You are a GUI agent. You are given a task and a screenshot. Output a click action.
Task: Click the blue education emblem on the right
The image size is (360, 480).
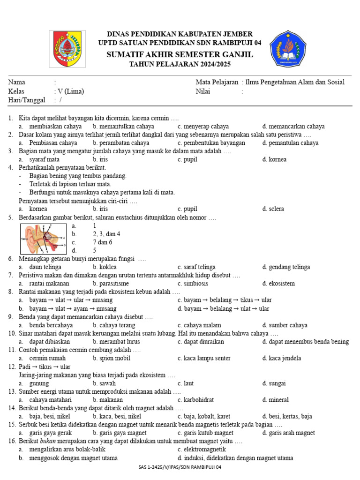click(x=287, y=48)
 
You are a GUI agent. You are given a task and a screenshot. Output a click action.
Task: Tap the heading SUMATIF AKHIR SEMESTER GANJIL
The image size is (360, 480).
click(x=180, y=55)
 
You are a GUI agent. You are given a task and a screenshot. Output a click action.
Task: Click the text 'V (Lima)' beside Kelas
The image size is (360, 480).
click(x=70, y=91)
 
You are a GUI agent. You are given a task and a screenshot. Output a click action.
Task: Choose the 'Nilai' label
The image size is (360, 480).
click(x=203, y=91)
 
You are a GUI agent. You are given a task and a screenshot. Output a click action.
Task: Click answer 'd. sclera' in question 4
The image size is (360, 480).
click(x=273, y=209)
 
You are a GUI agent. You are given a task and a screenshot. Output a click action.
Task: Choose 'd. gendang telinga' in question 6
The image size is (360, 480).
click(x=286, y=267)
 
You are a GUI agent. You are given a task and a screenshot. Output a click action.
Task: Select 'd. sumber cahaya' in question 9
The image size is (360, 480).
click(x=285, y=325)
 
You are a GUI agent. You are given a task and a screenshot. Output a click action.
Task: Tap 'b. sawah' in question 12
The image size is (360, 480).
click(x=104, y=383)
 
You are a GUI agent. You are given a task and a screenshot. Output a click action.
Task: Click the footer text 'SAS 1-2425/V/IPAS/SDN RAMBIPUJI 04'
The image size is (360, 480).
click(x=180, y=467)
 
